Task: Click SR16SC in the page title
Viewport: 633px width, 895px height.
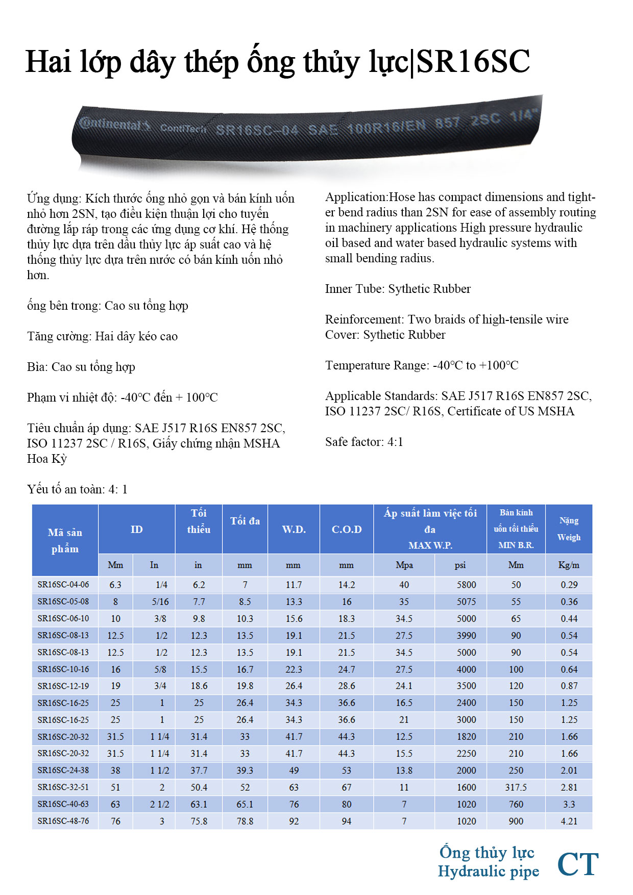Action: coord(473,62)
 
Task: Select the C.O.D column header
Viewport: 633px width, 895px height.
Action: coord(347,529)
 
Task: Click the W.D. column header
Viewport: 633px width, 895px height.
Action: coord(294,529)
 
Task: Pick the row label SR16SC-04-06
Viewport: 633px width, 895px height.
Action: coord(63,585)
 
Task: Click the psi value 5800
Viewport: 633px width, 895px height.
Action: coord(466,585)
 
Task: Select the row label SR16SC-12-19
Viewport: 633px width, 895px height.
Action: coord(63,686)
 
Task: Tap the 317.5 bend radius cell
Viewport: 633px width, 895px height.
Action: coord(516,787)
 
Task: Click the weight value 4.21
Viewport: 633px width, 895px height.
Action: coord(569,821)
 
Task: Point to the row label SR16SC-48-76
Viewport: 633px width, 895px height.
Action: coord(63,821)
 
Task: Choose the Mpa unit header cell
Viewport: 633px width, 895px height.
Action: coord(404,565)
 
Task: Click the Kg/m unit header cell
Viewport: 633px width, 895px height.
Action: coord(569,565)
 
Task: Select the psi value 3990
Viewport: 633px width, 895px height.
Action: coord(466,635)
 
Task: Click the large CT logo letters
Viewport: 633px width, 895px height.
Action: coord(578,864)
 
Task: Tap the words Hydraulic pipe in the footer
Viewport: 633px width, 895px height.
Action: coord(489,872)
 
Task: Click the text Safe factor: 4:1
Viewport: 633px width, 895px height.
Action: coord(364,442)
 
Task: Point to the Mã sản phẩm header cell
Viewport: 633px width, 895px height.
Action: coord(65,540)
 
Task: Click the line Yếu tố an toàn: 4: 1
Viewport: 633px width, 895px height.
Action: coord(77,489)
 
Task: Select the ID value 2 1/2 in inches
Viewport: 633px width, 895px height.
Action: coord(159,804)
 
